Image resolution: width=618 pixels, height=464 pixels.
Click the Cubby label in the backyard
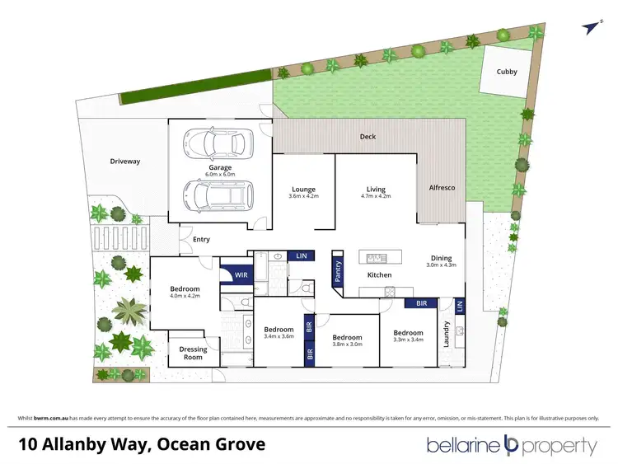(x=507, y=72)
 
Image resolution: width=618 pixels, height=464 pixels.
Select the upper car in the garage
(x=215, y=144)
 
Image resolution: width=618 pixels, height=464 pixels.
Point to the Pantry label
(x=337, y=269)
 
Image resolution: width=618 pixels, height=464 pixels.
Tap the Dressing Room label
(x=193, y=353)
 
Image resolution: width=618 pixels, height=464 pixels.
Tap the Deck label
(x=368, y=137)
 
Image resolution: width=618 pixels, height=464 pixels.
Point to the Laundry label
(x=445, y=334)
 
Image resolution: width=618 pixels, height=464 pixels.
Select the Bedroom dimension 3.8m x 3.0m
(x=347, y=346)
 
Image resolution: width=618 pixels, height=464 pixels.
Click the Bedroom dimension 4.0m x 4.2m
(x=185, y=298)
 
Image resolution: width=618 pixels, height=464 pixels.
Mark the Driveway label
(x=125, y=162)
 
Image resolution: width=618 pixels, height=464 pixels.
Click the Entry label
(x=201, y=240)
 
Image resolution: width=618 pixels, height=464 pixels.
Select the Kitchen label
(x=379, y=274)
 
